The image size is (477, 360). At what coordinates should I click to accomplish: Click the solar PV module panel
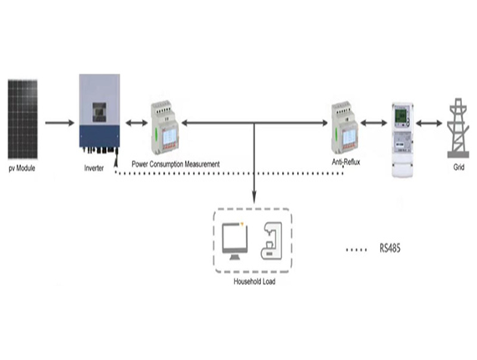23,119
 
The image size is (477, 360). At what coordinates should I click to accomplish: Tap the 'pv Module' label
22,168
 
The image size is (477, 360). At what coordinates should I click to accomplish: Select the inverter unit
100,114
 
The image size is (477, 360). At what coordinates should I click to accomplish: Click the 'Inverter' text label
94,168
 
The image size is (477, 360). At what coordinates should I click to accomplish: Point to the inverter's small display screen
100,112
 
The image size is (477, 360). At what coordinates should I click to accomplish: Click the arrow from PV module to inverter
60,123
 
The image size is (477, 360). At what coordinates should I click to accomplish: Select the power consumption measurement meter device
165,127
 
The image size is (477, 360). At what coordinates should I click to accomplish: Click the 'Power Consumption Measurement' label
176,164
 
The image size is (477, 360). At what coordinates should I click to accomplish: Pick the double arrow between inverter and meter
136,123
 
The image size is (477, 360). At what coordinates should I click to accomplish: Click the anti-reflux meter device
346,127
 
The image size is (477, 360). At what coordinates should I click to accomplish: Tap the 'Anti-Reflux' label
346,162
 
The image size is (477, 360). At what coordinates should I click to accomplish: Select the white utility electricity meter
403,140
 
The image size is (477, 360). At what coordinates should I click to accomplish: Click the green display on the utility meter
401,116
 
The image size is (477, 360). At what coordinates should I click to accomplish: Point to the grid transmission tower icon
459,128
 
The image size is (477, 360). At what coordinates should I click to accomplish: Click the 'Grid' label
459,167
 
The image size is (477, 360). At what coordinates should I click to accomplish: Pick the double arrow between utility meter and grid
429,123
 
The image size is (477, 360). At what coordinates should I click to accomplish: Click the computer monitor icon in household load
234,241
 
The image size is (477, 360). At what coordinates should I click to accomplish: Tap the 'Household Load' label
254,281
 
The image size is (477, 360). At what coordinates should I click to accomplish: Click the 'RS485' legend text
390,249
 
